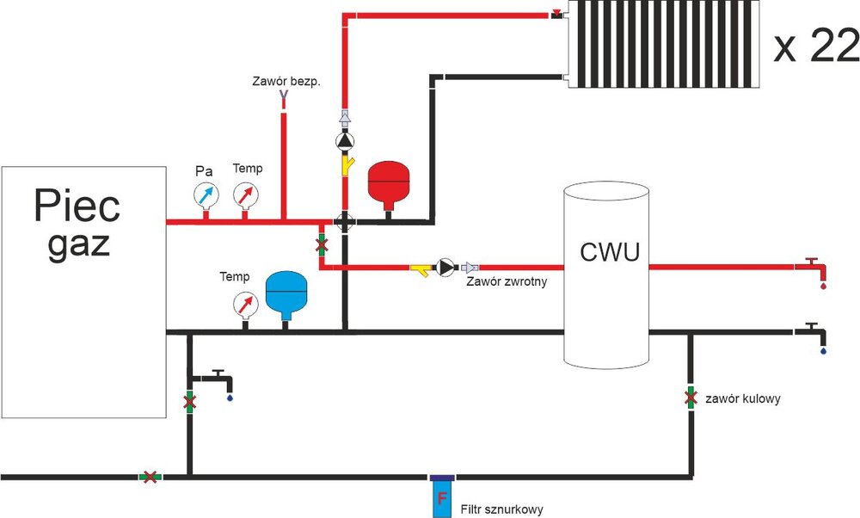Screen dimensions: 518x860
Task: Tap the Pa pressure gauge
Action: [205, 194]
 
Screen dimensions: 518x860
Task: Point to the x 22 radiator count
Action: [815, 49]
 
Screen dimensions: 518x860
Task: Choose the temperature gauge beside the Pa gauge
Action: [248, 194]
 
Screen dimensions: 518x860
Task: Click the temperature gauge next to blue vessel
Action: [245, 304]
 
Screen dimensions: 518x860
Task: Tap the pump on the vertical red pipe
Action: [344, 141]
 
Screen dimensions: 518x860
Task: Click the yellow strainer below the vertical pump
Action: [346, 163]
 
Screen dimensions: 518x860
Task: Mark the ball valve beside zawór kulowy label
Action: [690, 398]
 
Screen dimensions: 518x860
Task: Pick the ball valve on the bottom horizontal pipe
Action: [150, 476]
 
